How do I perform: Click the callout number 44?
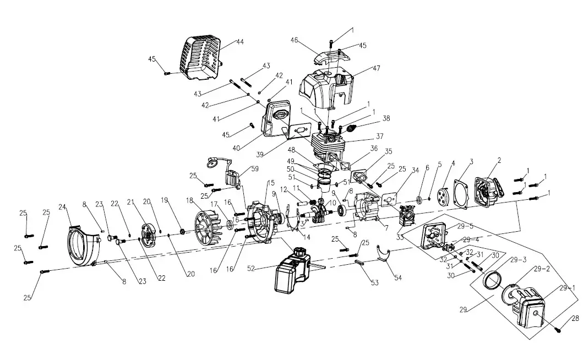coord(239,42)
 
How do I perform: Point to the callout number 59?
coord(254,168)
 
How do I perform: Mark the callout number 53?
coord(374,283)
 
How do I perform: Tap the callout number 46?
coord(294,40)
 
